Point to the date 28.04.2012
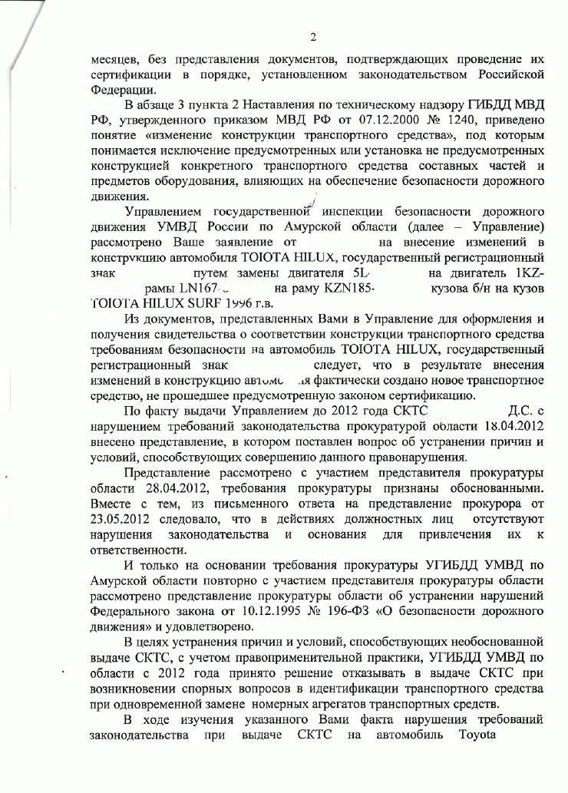click(204, 489)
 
